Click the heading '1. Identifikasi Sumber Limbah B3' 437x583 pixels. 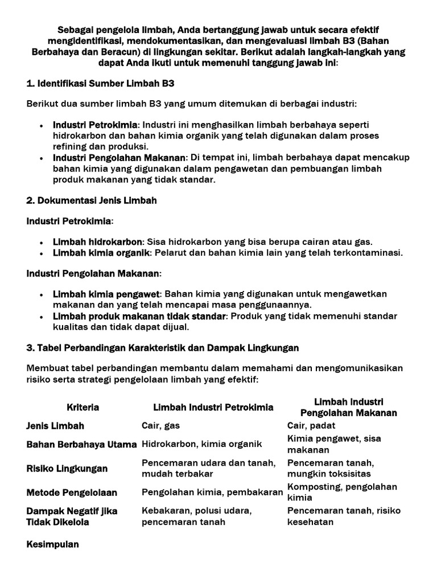click(x=100, y=83)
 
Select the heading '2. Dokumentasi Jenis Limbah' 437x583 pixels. click(x=92, y=200)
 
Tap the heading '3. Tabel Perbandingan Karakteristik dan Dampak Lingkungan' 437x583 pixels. click(x=163, y=347)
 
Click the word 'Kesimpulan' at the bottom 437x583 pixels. click(x=53, y=544)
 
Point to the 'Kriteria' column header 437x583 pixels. click(x=83, y=407)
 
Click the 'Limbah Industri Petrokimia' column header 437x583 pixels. click(x=213, y=407)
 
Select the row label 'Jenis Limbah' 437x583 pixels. click(x=55, y=426)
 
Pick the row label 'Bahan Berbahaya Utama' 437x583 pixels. click(x=81, y=444)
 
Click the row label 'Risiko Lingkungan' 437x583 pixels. click(x=67, y=469)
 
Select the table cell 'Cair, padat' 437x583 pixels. click(x=311, y=426)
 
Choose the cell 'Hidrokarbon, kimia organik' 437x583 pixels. click(x=201, y=444)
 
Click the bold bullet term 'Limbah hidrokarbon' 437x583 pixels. click(x=96, y=241)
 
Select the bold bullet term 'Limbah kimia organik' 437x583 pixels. click(x=101, y=253)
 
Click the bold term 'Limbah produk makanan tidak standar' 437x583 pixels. click(x=140, y=316)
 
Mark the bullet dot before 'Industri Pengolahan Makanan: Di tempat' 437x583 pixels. click(x=43, y=158)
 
